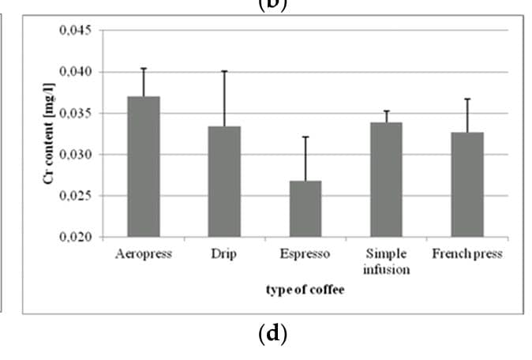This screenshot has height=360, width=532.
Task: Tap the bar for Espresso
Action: click(x=305, y=208)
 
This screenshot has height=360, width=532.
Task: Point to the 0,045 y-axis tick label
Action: click(x=75, y=31)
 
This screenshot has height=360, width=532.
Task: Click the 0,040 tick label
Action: click(x=75, y=72)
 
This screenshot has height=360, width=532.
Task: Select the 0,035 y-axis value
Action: click(x=75, y=113)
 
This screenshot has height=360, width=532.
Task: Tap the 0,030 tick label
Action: click(x=75, y=155)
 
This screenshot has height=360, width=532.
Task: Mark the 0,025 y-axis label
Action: click(x=75, y=196)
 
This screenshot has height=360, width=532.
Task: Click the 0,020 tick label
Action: click(x=75, y=237)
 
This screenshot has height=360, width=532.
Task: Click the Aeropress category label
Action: click(x=143, y=255)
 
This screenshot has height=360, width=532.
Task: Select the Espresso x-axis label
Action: click(x=305, y=255)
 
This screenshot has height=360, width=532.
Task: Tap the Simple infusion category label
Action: click(x=386, y=262)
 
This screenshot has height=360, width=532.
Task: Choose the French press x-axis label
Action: click(x=467, y=255)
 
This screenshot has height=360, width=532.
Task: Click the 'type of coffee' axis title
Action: click(x=305, y=290)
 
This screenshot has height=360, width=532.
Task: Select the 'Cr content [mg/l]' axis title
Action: click(x=50, y=134)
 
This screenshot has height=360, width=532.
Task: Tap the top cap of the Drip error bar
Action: click(x=224, y=71)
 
